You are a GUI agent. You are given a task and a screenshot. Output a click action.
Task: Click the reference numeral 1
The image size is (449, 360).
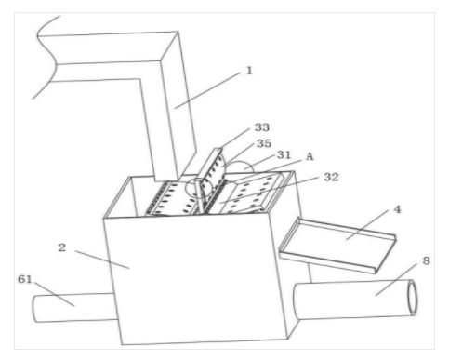[x=249, y=71]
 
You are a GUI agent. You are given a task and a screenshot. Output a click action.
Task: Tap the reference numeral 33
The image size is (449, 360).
[x=262, y=127]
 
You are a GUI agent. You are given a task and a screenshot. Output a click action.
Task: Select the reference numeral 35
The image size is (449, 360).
[x=264, y=143]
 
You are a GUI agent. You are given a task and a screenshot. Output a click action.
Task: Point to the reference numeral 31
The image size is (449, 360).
[x=284, y=154]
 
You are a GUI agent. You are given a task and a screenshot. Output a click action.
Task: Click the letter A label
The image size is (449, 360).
[x=310, y=156]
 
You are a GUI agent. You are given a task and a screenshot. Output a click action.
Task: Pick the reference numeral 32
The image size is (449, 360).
[x=331, y=177]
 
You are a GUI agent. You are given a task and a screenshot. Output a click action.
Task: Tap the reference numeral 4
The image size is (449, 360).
[x=397, y=209]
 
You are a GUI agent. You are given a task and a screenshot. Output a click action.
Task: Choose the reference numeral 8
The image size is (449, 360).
[x=427, y=260]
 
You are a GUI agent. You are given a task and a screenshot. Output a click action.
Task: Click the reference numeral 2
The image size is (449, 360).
[x=62, y=247]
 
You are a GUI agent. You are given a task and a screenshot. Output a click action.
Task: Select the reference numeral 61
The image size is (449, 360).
[x=25, y=279]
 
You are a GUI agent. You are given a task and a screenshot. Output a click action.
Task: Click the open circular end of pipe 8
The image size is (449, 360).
[x=412, y=298]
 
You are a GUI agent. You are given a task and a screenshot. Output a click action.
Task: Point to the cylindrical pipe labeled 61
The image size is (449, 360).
[x=74, y=308]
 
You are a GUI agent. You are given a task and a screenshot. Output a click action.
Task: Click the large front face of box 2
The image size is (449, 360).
[x=198, y=279]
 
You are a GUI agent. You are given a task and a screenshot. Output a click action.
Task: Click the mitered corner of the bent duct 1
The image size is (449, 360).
[x=169, y=47]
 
